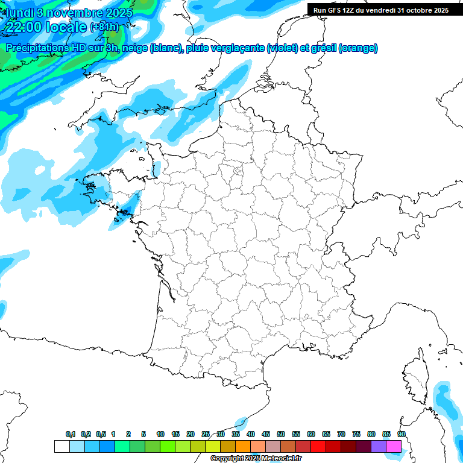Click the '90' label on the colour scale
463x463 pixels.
pos(402,434)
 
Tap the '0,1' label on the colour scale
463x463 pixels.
pos(71,434)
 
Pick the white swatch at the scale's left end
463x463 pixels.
pos(61,446)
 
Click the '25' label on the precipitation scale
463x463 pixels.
pos(206,434)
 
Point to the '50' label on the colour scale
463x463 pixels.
pos(281,434)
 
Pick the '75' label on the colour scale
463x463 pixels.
pos(356,434)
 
